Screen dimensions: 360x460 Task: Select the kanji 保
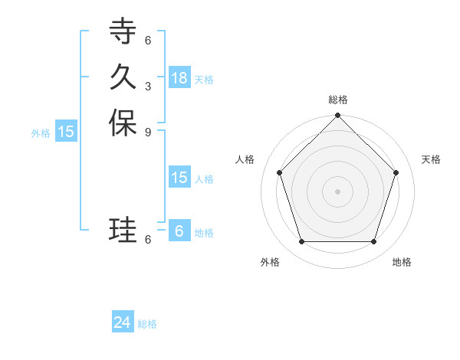click(x=123, y=123)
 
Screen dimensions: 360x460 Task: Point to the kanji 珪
click(x=123, y=230)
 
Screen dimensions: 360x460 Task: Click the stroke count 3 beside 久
click(x=148, y=86)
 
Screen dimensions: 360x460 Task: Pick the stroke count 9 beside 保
click(x=148, y=132)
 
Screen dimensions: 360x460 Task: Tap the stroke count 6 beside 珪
click(x=148, y=239)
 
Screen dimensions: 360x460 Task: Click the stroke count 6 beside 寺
click(x=148, y=40)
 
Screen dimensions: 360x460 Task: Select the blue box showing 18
click(x=179, y=77)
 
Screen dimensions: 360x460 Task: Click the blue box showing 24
click(x=123, y=323)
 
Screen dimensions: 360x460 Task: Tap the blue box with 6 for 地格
click(x=179, y=231)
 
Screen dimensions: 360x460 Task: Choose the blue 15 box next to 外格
click(x=66, y=132)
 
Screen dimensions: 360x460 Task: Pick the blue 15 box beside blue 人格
click(x=179, y=178)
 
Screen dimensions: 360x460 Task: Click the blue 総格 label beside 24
click(x=147, y=324)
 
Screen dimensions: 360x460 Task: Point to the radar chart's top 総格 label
click(x=338, y=100)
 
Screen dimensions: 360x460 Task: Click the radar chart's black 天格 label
click(x=431, y=159)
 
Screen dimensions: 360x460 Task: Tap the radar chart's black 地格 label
click(x=402, y=262)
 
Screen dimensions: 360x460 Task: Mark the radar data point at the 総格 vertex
click(x=338, y=116)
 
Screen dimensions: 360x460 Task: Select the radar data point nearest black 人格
click(x=280, y=172)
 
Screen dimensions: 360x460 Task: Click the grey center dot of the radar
click(x=338, y=191)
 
